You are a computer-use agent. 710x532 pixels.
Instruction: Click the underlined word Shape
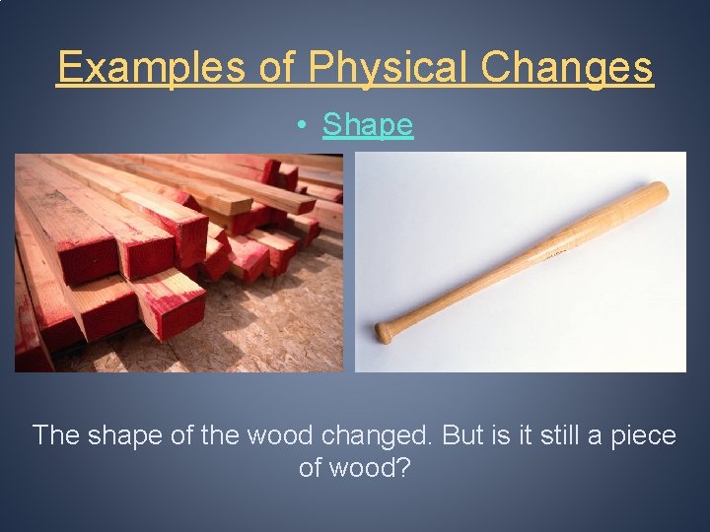click(368, 125)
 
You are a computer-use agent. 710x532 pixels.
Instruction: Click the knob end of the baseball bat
click(384, 332)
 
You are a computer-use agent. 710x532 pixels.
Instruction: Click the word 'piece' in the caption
click(645, 435)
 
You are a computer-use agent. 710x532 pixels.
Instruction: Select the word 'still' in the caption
click(562, 434)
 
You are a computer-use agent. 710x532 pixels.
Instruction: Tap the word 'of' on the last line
click(311, 467)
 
